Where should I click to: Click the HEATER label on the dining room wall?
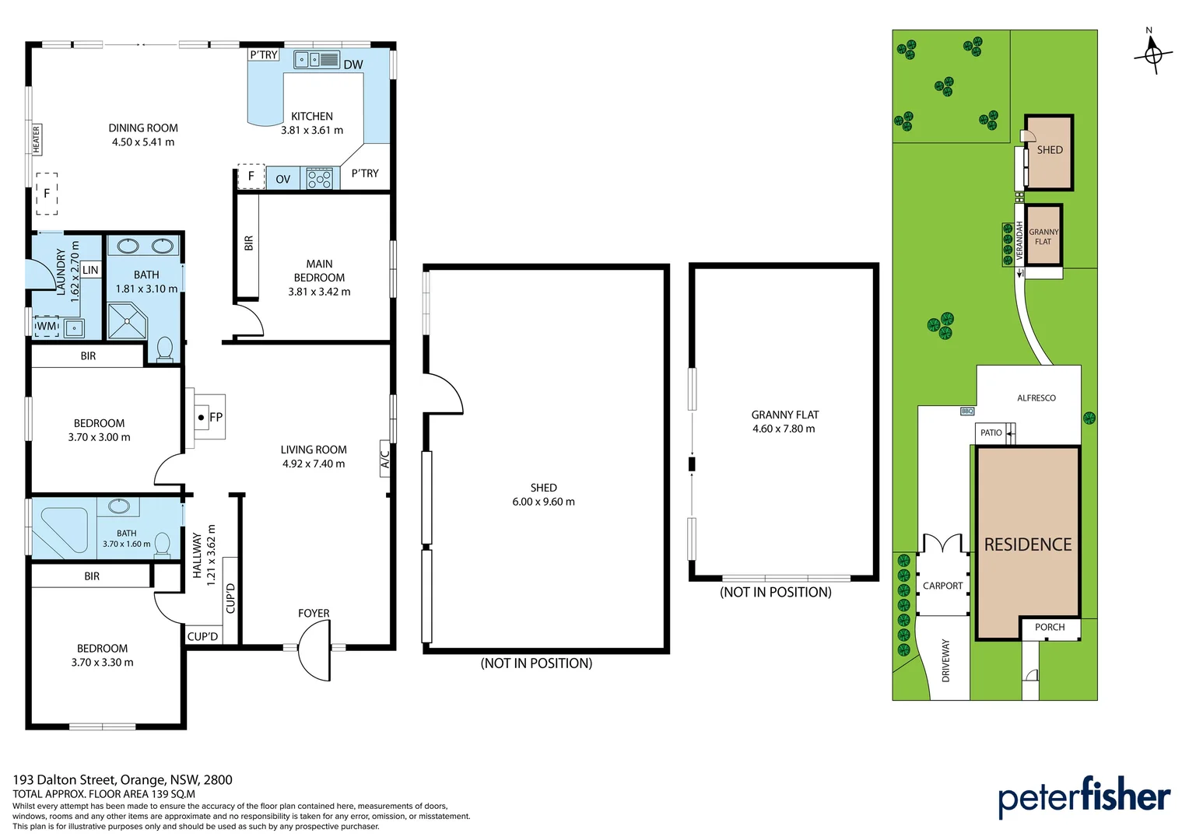pyautogui.click(x=36, y=139)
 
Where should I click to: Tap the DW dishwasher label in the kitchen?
pyautogui.click(x=353, y=65)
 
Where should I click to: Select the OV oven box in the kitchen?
pyautogui.click(x=283, y=178)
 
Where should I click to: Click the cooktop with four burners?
pyautogui.click(x=320, y=178)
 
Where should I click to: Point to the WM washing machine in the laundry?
pyautogui.click(x=46, y=327)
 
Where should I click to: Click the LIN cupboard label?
pyautogui.click(x=90, y=270)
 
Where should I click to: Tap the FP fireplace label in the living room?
pyautogui.click(x=216, y=417)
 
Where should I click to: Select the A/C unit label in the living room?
pyautogui.click(x=385, y=458)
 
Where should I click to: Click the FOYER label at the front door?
pyautogui.click(x=314, y=613)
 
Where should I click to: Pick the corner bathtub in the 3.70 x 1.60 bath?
pyautogui.click(x=60, y=530)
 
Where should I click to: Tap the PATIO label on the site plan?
pyautogui.click(x=991, y=432)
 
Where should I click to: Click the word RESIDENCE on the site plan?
pyautogui.click(x=1028, y=544)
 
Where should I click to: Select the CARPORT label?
pyautogui.click(x=942, y=586)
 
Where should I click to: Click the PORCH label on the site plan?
pyautogui.click(x=1050, y=627)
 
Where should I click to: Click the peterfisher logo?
pyautogui.click(x=1085, y=796)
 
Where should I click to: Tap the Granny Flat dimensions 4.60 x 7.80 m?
pyautogui.click(x=784, y=429)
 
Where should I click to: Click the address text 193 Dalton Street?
pyautogui.click(x=64, y=779)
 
